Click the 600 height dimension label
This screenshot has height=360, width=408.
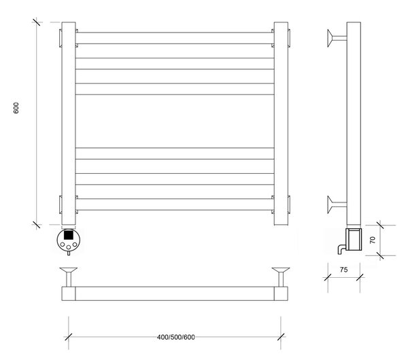[16, 108]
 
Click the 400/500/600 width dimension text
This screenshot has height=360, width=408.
[176, 337]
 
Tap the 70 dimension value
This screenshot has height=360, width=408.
[373, 240]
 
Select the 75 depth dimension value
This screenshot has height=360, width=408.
[343, 270]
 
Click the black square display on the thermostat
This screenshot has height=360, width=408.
[69, 235]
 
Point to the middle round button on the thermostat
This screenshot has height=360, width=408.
[69, 247]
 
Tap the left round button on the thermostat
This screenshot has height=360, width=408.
[63, 245]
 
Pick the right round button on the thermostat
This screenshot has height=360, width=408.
[75, 245]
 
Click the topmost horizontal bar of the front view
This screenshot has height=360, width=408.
[175, 38]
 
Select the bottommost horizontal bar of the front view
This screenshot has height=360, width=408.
[175, 204]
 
